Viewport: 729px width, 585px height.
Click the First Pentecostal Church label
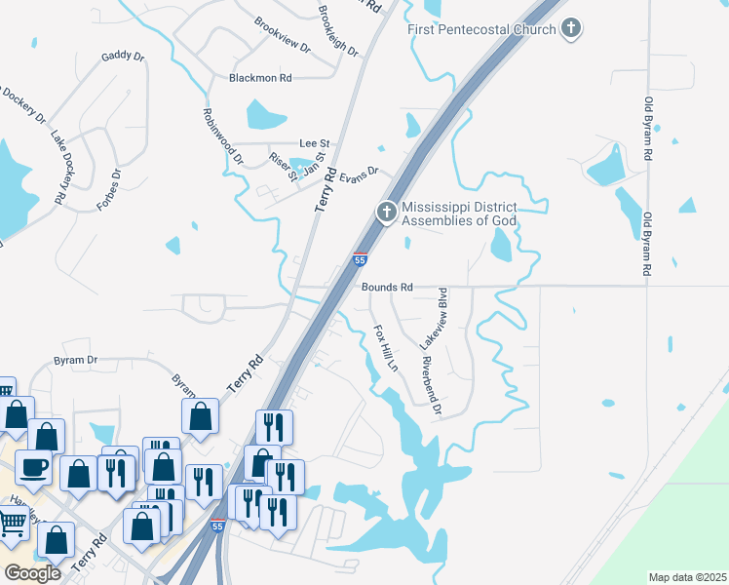coord(481,29)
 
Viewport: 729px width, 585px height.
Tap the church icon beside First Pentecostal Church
coord(572,28)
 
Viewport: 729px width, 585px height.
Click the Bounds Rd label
coord(388,288)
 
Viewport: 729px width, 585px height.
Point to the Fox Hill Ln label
coord(387,348)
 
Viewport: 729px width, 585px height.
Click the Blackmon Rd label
coord(260,78)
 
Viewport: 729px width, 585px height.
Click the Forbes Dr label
coord(108,190)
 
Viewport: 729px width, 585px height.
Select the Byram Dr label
coord(78,360)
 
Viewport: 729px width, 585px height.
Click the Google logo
coord(33,572)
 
